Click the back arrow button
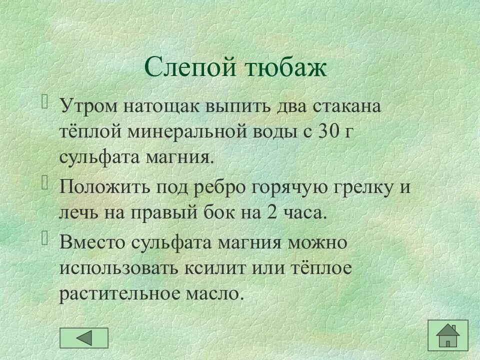(84, 338)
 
